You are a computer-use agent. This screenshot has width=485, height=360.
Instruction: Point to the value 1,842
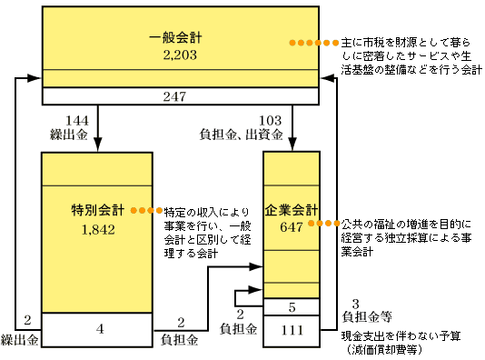[97, 229]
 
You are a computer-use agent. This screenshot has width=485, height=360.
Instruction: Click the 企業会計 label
[291, 209]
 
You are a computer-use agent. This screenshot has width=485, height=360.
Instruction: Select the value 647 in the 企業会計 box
[291, 227]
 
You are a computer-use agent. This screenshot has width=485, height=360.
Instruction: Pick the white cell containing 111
[291, 330]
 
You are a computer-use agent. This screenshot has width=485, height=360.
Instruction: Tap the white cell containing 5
[291, 306]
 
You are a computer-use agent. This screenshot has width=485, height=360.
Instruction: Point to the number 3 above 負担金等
[356, 303]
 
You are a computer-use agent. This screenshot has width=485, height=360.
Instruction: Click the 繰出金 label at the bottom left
[20, 339]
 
